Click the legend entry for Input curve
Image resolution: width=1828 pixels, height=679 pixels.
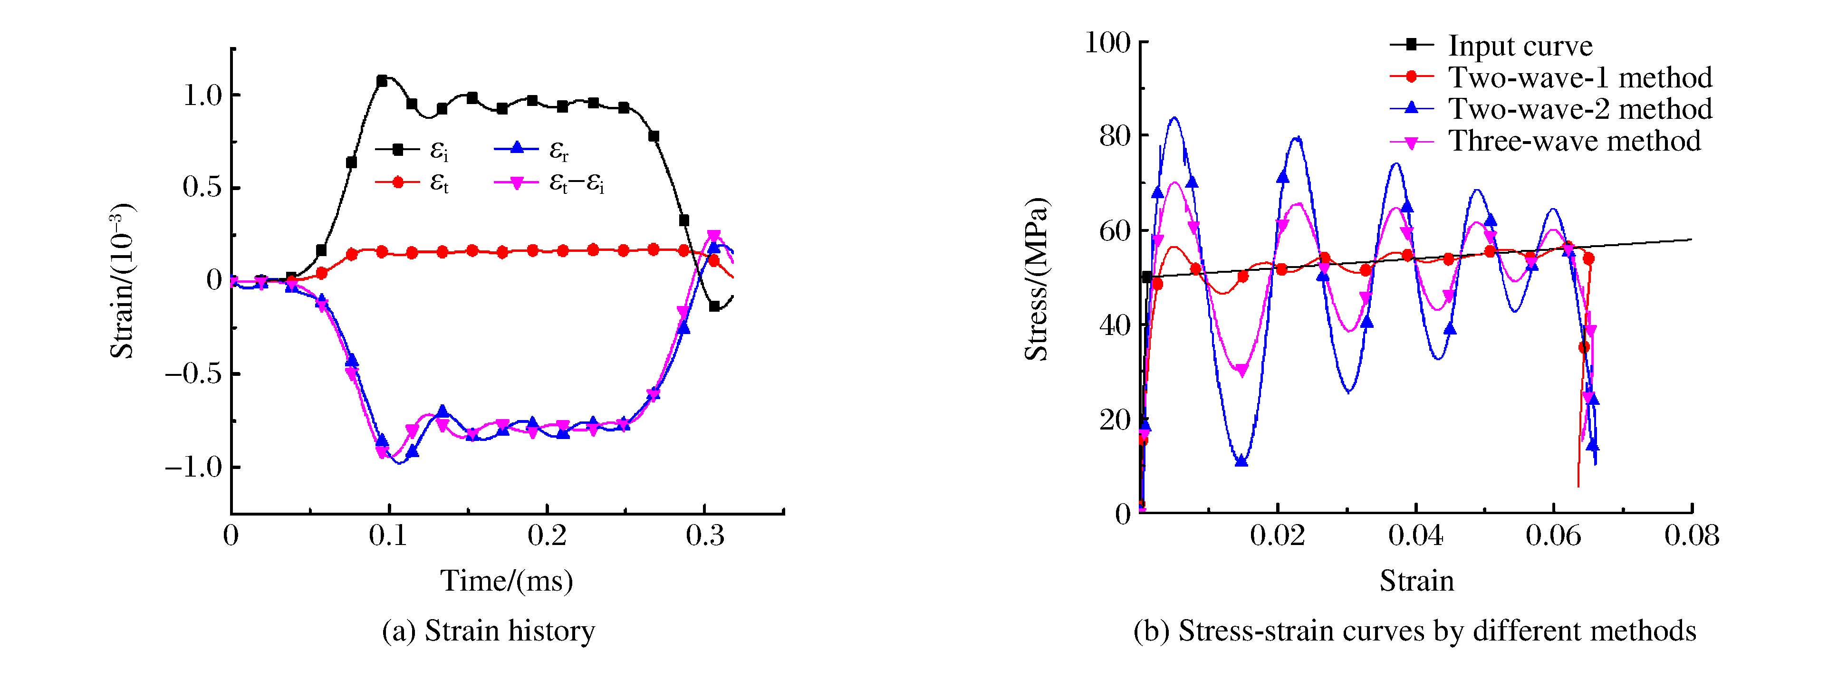(1520, 46)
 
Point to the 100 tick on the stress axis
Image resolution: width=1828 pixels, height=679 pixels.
(1107, 43)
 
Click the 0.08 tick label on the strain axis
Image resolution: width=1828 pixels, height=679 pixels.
(1692, 535)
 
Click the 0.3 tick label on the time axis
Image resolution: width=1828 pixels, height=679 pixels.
(705, 535)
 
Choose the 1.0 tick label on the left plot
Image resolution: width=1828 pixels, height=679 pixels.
(202, 95)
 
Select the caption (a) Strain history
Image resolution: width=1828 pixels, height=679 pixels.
(488, 630)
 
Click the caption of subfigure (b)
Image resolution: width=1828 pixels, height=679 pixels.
(1414, 630)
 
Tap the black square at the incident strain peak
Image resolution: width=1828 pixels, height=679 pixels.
(382, 81)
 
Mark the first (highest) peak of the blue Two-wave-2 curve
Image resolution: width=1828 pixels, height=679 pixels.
(1175, 118)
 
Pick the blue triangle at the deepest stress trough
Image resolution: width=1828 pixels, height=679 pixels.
(1241, 461)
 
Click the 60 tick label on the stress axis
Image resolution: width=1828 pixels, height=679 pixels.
(1114, 230)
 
